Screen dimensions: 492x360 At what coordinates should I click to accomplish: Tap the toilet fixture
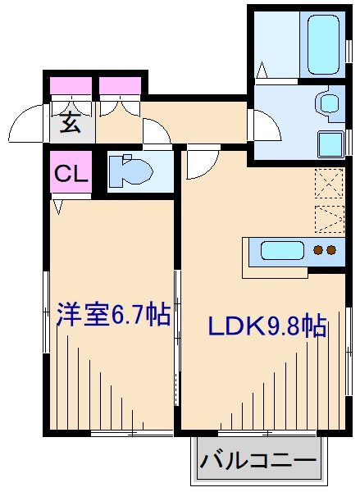[x=131, y=170]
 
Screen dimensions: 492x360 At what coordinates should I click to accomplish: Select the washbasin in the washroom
[x=328, y=103]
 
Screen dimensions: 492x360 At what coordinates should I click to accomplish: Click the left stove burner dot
[x=319, y=251]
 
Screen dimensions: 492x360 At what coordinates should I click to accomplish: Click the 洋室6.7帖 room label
[x=112, y=315]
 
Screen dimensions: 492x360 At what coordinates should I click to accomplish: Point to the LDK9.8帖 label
[x=266, y=326]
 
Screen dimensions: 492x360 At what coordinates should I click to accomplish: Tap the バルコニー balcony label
[x=257, y=461]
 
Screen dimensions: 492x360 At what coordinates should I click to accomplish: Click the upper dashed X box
[x=328, y=183]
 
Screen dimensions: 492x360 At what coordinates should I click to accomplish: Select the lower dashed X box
[x=328, y=218]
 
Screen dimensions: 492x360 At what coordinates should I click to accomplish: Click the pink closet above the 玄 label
[x=71, y=85]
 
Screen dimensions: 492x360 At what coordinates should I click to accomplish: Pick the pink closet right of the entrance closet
[x=121, y=85]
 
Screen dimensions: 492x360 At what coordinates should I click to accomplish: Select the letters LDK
[x=235, y=326]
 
